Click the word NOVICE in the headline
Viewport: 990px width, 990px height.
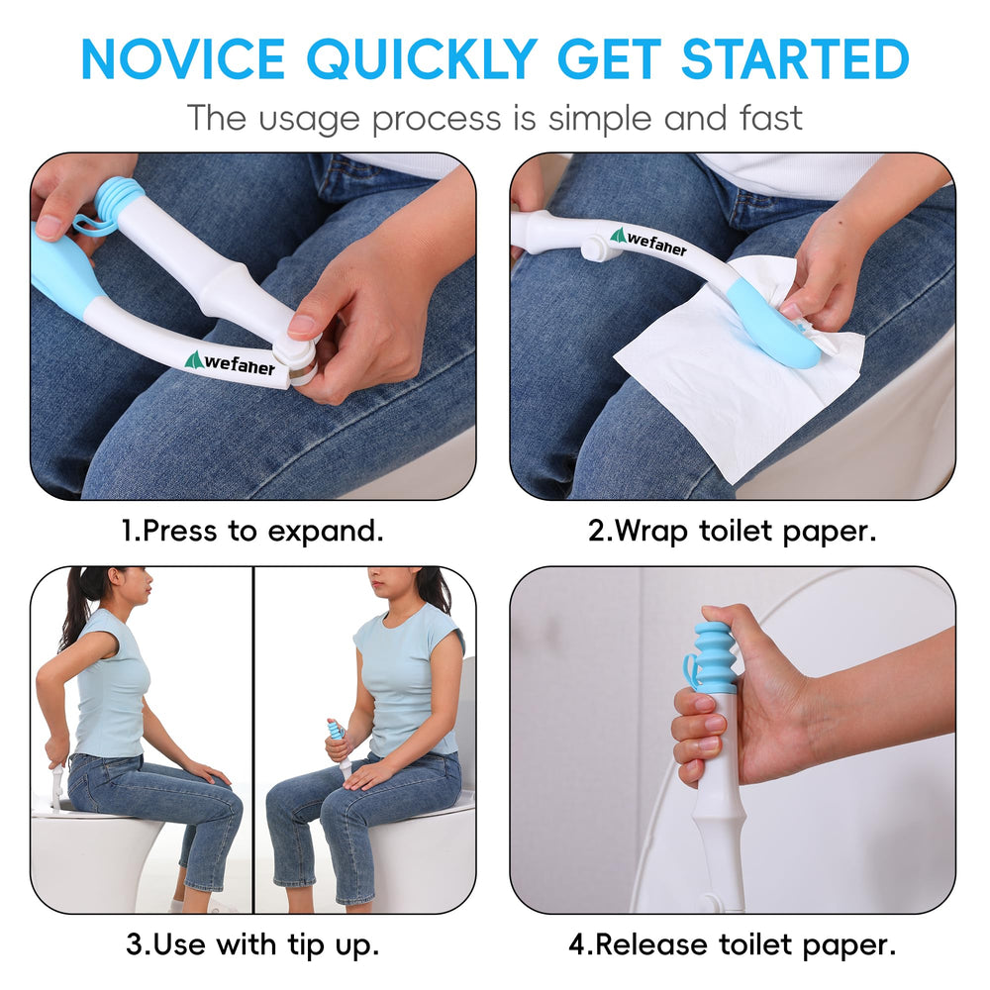click(x=183, y=58)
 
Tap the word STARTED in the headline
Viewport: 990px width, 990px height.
click(x=795, y=58)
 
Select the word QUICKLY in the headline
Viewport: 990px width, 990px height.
click(x=421, y=60)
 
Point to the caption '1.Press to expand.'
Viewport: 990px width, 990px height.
click(x=251, y=531)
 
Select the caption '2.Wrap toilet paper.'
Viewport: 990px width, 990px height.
click(x=733, y=531)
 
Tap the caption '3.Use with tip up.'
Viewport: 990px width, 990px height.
click(x=252, y=945)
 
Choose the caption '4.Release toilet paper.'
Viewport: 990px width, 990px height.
click(x=733, y=945)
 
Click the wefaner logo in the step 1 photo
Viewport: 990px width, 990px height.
click(x=231, y=363)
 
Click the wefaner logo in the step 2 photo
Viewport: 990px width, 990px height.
click(x=648, y=242)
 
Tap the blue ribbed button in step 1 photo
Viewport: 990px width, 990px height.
click(x=119, y=192)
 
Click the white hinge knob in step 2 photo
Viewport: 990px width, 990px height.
click(x=596, y=247)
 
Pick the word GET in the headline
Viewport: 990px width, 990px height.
click(x=609, y=58)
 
